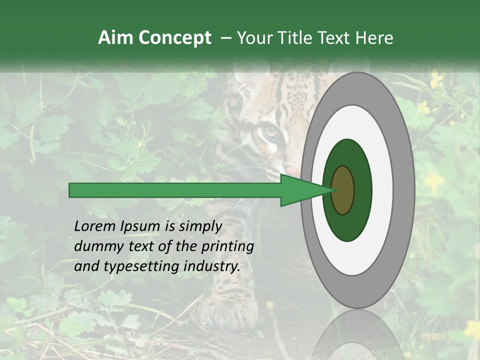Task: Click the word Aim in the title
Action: pos(115,38)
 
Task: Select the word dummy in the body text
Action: pos(95,246)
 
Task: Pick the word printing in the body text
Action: pos(228,247)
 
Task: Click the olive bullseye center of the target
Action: pos(343,190)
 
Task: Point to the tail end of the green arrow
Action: pos(72,190)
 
